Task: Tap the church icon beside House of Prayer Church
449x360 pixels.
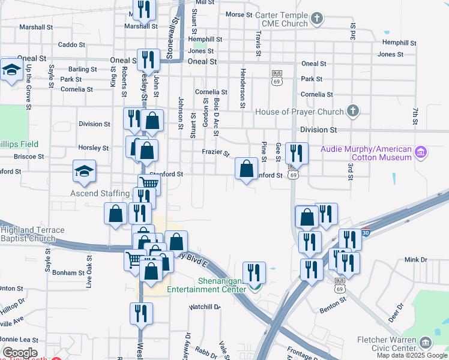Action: point(353,110)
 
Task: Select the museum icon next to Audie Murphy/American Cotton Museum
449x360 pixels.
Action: point(421,152)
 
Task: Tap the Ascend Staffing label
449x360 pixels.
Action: point(100,193)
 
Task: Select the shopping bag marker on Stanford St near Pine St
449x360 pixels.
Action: point(246,169)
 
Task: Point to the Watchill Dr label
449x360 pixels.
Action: point(204,307)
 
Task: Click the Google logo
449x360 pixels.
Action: point(19,353)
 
